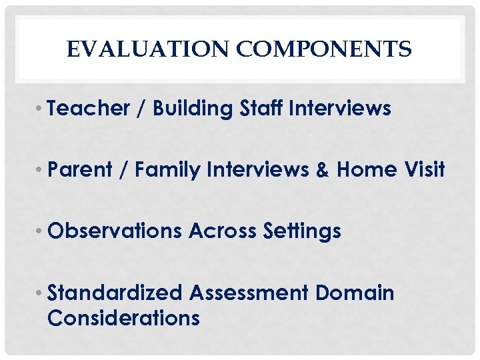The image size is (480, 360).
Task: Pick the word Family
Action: (167, 170)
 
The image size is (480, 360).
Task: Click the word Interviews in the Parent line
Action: (257, 170)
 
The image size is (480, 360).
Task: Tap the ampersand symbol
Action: (323, 170)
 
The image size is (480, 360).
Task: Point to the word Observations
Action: (115, 231)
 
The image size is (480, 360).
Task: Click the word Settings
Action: (302, 231)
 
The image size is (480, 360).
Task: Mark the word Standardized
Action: (115, 293)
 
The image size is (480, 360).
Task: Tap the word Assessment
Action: (249, 293)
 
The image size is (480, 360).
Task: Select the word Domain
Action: (355, 293)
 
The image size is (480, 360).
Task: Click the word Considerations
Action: (123, 318)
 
